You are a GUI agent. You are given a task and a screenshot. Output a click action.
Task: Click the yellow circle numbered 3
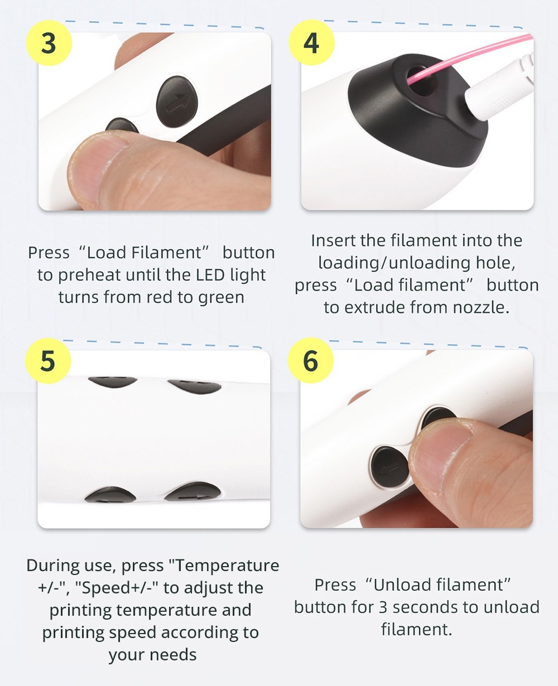click(49, 43)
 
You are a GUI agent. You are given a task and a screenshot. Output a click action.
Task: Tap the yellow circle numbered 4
click(311, 42)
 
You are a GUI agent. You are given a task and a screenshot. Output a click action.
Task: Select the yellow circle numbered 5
click(48, 360)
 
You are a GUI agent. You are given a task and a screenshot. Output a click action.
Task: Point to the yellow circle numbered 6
click(311, 360)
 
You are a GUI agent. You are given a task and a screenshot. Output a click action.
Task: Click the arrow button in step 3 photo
click(177, 102)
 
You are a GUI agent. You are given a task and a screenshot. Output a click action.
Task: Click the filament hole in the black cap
click(422, 81)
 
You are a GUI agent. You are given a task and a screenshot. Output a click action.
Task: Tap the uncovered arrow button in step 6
click(389, 467)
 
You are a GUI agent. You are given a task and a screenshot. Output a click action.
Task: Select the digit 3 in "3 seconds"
click(382, 607)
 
